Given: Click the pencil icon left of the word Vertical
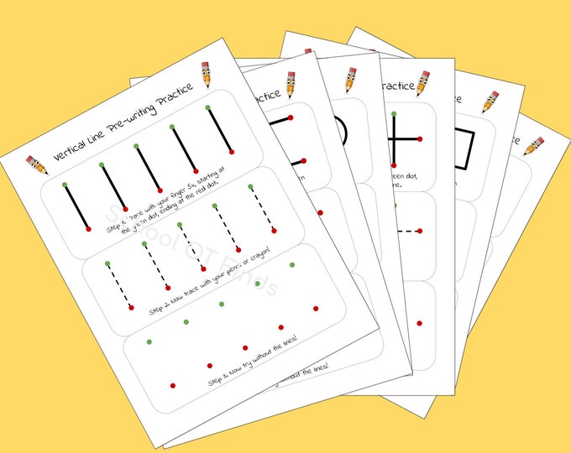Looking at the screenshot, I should [x=36, y=163].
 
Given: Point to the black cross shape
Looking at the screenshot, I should [x=395, y=138].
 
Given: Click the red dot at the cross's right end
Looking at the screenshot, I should [x=419, y=138].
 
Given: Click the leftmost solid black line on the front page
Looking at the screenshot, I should [x=75, y=205].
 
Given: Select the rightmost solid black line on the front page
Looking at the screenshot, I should [x=219, y=130].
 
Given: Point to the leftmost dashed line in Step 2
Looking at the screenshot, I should [x=119, y=285].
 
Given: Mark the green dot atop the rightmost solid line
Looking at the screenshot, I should [x=207, y=107].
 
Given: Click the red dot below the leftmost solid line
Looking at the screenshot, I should [x=88, y=227].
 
